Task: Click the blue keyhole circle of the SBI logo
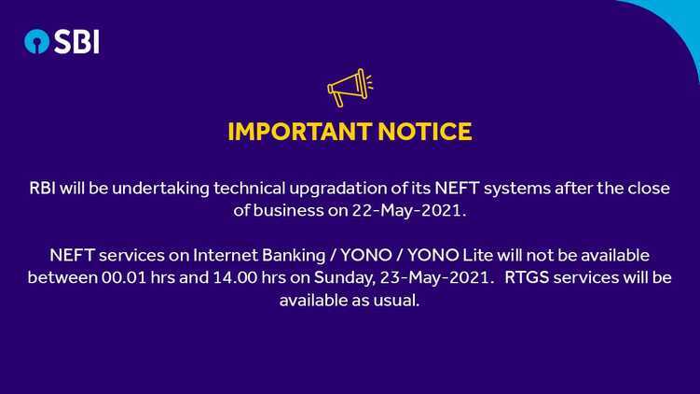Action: click(x=36, y=42)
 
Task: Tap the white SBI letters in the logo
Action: click(x=76, y=42)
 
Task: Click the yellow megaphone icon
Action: click(x=350, y=87)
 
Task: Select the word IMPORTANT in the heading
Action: click(x=299, y=132)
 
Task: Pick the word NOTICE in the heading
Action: click(x=425, y=132)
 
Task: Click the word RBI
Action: click(x=43, y=188)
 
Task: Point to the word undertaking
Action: click(x=160, y=189)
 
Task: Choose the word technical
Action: click(x=249, y=188)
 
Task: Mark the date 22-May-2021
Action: click(x=409, y=211)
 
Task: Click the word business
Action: click(x=288, y=210)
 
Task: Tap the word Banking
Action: click(x=294, y=256)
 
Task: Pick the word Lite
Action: click(x=477, y=255)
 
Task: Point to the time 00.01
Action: click(x=124, y=277)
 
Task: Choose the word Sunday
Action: click(x=345, y=278)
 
